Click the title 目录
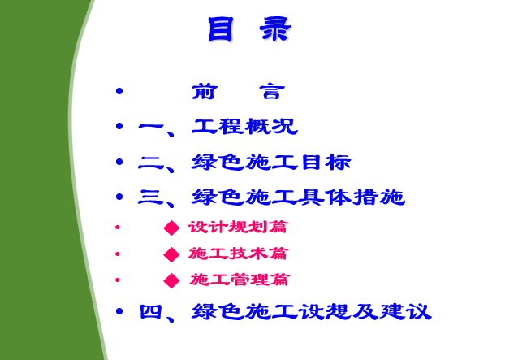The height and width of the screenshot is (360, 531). click(249, 29)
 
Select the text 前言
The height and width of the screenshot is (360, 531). click(238, 92)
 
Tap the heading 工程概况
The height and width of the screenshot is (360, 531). click(244, 127)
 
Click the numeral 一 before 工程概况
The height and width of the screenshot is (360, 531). click(151, 127)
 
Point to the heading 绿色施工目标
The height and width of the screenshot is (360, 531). click(271, 162)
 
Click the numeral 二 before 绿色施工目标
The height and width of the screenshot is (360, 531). click(151, 163)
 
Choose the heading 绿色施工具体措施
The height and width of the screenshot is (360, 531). click(298, 197)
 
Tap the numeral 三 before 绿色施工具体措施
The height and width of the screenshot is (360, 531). click(151, 197)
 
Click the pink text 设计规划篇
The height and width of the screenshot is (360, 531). click(238, 227)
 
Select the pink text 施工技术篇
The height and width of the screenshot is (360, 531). click(238, 254)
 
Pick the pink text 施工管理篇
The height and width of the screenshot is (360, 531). click(239, 280)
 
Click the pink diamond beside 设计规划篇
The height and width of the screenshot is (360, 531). click(171, 228)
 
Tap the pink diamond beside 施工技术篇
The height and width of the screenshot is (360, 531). click(171, 254)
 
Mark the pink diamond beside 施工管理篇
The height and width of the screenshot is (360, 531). click(171, 280)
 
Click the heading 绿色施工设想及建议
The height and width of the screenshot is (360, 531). click(312, 311)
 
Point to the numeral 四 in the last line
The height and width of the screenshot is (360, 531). click(150, 311)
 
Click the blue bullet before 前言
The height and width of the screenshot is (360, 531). click(119, 91)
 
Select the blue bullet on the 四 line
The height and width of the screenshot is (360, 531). click(119, 311)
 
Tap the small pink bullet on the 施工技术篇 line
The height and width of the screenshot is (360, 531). click(118, 254)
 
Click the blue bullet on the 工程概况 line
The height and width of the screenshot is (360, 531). click(119, 126)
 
